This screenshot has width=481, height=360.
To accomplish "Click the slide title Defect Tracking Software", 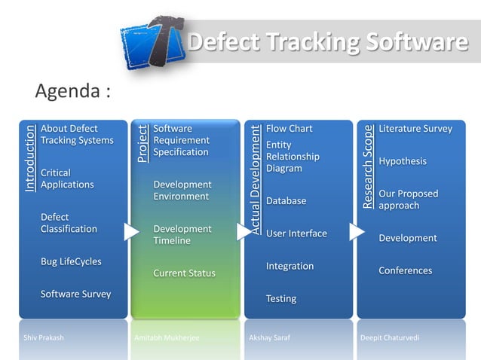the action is pos(327,44).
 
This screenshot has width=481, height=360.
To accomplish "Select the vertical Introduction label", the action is pos(29,159).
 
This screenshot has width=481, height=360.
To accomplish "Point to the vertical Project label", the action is pos(142,144).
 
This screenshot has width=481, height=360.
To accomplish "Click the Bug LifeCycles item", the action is pos(71,261).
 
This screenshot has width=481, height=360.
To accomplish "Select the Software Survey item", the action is pos(75,294).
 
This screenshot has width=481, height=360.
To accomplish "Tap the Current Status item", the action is pos(184,273).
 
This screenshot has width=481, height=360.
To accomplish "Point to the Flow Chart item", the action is pos(289,129).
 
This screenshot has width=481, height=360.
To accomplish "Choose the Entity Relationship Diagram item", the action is pos(293,156).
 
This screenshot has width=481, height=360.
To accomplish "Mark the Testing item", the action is pos(281,299).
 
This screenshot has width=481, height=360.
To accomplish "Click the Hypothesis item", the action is pos(403,161).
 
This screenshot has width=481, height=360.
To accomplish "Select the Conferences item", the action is pos(405,270).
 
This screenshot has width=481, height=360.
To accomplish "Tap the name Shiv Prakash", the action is pos(44,338).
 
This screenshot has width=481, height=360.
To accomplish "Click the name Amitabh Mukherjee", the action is pos(167,338).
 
